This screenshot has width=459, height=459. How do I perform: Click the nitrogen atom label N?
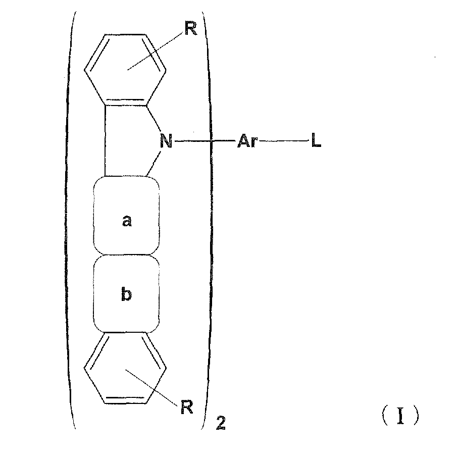click(166, 141)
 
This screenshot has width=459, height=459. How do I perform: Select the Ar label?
click(248, 142)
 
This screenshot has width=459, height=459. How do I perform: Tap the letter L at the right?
click(316, 142)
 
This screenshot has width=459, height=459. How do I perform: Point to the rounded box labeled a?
click(126, 216)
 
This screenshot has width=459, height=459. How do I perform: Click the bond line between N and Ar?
click(202, 142)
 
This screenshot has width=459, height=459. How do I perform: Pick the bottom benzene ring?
click(125, 368)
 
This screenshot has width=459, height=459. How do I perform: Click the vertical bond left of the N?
click(106, 141)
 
